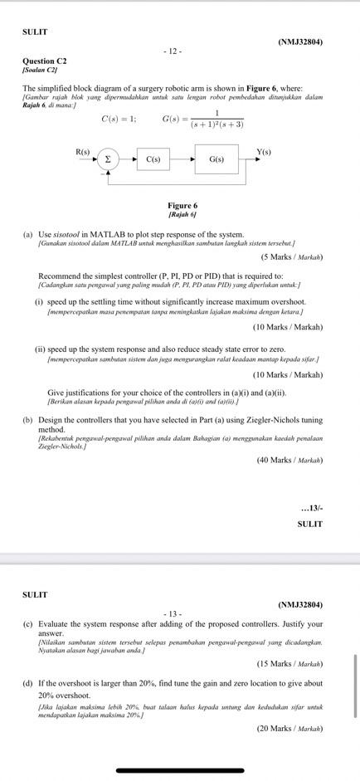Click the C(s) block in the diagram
click(x=153, y=159)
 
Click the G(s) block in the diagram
click(x=216, y=159)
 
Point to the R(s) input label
click(x=83, y=152)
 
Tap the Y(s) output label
click(x=264, y=152)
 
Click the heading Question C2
click(x=45, y=61)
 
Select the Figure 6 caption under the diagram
click(x=182, y=206)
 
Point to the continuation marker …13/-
click(x=312, y=508)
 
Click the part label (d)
click(x=27, y=683)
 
